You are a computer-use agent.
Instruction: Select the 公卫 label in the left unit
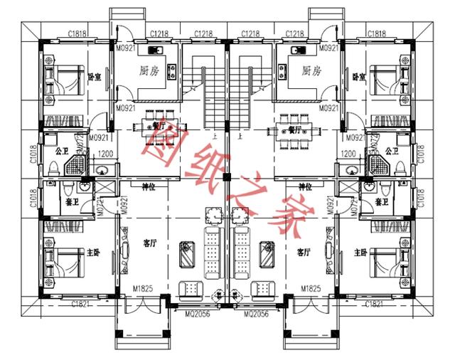click(x=60, y=151)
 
